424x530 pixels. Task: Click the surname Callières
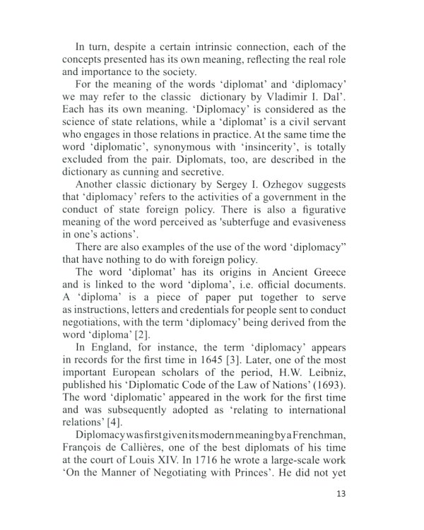tap(153, 445)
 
